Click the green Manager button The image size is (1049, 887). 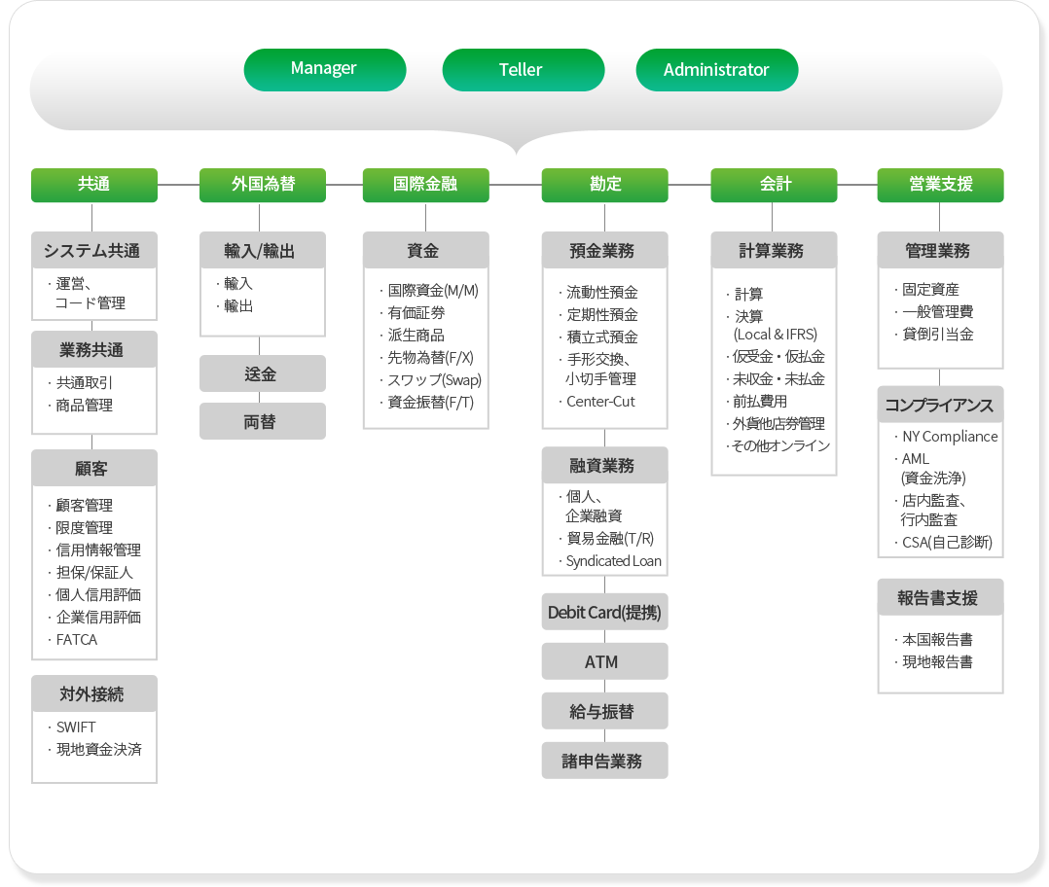[x=324, y=69]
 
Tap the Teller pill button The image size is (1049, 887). [x=524, y=69]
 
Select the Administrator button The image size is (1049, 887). [x=716, y=69]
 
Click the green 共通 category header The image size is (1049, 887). [x=94, y=185]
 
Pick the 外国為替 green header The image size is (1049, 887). [x=263, y=185]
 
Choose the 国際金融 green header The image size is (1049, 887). [x=425, y=185]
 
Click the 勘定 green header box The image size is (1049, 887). [x=605, y=185]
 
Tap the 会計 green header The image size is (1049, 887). [x=774, y=185]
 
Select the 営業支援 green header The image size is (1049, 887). [x=941, y=185]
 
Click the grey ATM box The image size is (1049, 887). [x=605, y=661]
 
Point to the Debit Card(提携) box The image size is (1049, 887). [x=605, y=612]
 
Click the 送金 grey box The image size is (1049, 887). [x=263, y=373]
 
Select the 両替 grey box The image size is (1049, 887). [x=263, y=421]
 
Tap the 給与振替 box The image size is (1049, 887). [x=605, y=711]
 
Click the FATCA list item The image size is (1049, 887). [x=76, y=640]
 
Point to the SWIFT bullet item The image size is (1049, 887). [x=76, y=727]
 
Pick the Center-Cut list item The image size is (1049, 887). [x=600, y=401]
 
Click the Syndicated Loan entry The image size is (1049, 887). [x=613, y=561]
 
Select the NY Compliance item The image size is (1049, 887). [x=950, y=437]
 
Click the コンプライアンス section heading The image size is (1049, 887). [x=939, y=405]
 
